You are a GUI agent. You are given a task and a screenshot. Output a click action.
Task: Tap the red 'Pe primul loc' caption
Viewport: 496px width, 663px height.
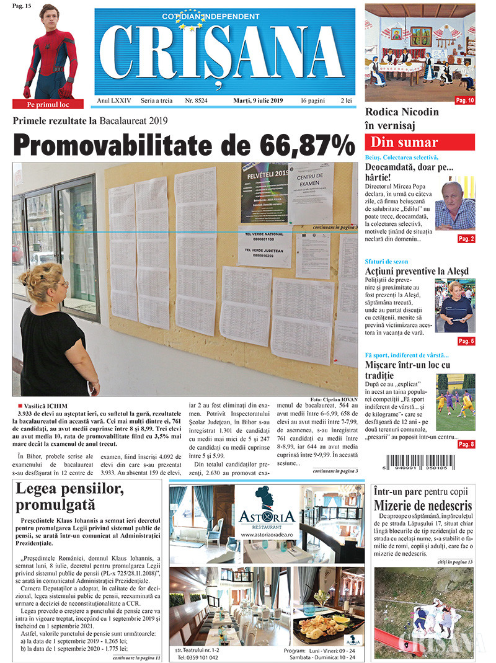48,104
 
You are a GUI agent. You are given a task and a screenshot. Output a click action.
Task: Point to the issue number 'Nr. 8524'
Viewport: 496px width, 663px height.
196,100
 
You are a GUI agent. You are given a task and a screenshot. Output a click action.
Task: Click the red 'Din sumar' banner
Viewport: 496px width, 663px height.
420,142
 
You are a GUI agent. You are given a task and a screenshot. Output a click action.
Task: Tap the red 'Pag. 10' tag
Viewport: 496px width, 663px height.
465,100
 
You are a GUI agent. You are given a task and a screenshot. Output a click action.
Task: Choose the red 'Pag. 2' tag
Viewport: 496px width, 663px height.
466,239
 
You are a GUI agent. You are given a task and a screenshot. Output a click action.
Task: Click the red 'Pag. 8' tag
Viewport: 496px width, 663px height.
466,444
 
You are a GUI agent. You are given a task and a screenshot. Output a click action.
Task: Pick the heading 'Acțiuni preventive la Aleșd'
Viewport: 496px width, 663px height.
417,271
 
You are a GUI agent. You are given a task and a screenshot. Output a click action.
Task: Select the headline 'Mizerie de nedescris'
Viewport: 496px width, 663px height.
423,505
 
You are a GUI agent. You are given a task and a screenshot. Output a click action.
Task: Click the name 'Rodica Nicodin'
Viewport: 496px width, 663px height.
402,112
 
